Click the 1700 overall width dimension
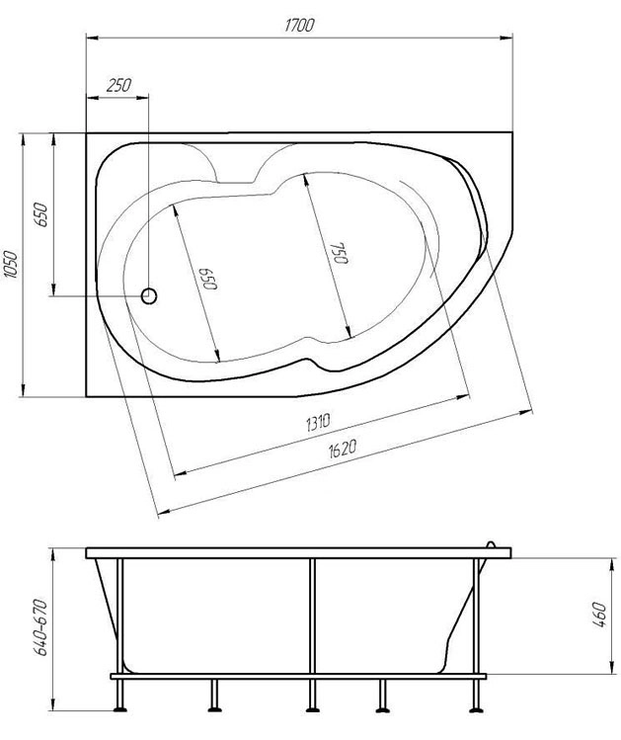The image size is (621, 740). click(x=299, y=25)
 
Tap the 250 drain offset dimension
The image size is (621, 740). click(x=118, y=86)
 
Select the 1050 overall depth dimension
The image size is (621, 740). click(x=11, y=265)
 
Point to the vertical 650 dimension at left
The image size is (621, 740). click(x=41, y=214)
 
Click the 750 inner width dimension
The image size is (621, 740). click(x=340, y=254)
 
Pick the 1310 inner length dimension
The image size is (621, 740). click(x=319, y=422)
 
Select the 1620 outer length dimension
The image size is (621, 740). click(x=342, y=449)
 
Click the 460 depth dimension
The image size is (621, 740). click(x=599, y=615)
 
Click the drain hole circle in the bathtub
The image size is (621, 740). click(x=149, y=296)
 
